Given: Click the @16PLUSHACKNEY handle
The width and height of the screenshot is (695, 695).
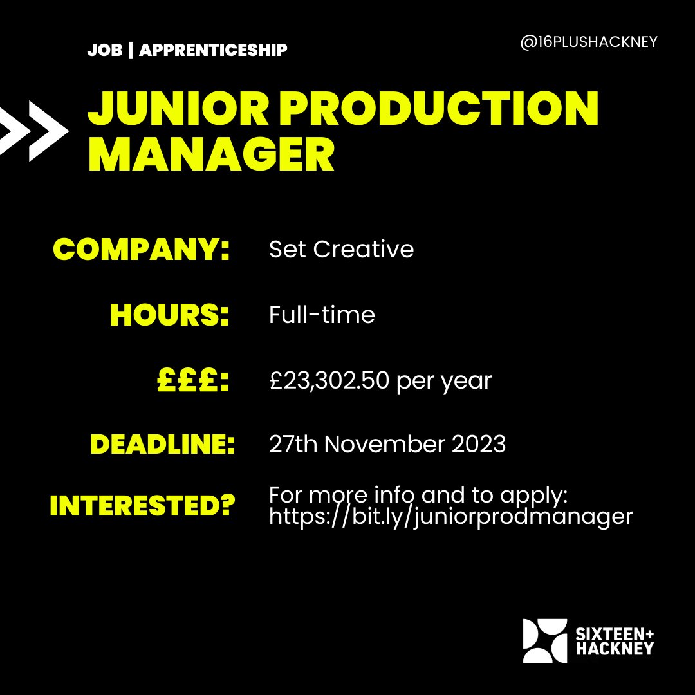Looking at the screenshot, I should pos(588,42).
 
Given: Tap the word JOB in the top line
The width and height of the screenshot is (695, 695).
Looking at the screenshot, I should pos(104,50).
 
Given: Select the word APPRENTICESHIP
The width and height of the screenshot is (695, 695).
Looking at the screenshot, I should pos(213,50).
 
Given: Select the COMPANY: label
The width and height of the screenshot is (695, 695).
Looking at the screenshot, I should pos(141,250).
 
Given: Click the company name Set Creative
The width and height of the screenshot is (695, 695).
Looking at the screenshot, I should pos(341,250).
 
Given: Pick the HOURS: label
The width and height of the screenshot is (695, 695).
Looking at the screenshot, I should pos(170,315).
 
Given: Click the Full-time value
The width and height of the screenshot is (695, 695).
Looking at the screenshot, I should pos(322,315).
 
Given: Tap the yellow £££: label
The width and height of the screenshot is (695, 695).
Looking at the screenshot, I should pos(193,381).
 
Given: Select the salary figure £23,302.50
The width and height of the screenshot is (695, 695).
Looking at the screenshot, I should pos(329,381).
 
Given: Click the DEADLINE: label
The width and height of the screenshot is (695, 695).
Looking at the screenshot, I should pos(162,445).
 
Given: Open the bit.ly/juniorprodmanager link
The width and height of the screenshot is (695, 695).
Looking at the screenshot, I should pos(450,516).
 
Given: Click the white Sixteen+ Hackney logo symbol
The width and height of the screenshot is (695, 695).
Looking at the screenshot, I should pos(544,641).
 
